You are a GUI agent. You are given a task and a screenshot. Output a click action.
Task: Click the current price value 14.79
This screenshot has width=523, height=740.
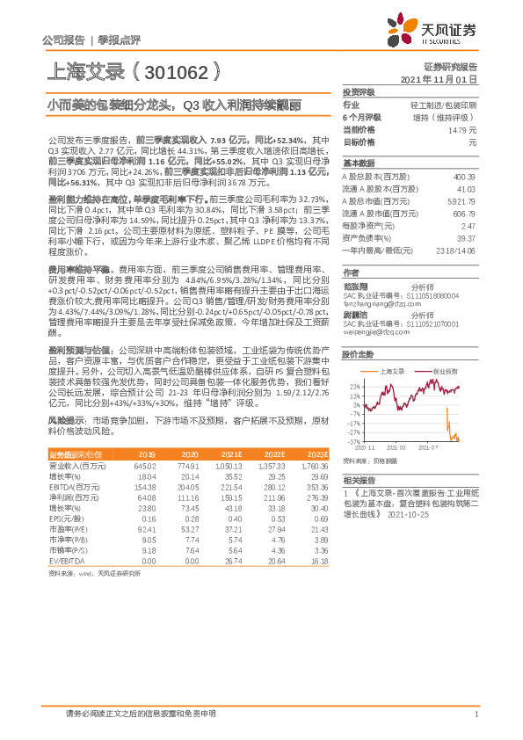465,129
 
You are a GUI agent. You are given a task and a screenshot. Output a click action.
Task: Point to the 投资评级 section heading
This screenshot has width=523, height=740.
359,91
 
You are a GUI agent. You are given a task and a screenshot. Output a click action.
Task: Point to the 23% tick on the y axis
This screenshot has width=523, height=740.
354,386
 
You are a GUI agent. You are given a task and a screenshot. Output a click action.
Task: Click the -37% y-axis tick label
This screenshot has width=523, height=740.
353,443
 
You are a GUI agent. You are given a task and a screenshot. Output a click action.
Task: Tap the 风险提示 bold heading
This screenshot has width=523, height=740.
63,422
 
